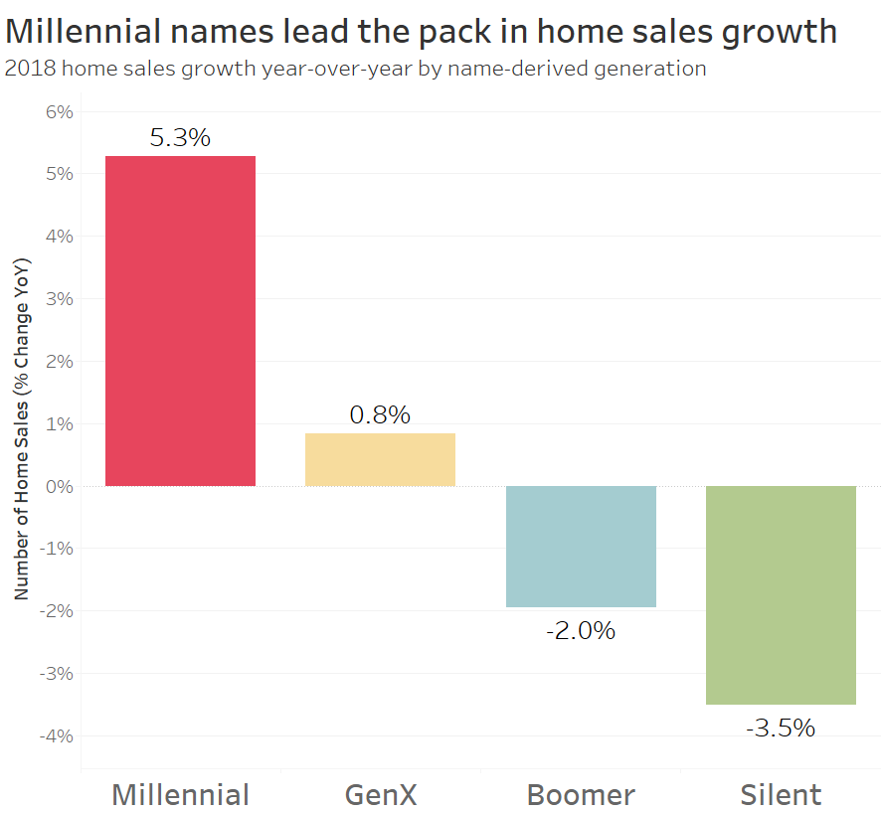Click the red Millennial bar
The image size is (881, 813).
180,321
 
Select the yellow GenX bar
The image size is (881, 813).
380,459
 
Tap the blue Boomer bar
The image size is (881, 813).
581,546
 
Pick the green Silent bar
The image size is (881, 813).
781,594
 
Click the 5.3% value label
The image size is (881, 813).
180,138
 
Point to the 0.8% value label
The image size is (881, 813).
380,414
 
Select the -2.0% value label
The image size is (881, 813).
581,630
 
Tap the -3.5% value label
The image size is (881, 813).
781,728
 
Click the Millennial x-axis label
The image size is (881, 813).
180,795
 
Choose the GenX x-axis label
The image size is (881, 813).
380,795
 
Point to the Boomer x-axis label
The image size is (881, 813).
581,795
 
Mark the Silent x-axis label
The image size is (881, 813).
781,795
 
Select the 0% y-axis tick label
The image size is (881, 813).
59,486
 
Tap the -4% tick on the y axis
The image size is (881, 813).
57,735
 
